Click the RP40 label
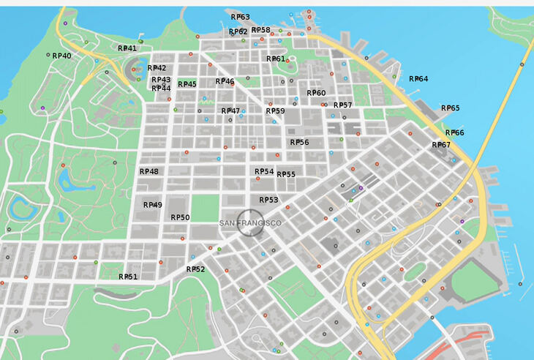click(61, 56)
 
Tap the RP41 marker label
click(127, 48)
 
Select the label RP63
click(240, 17)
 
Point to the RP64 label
click(418, 79)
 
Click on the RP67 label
click(441, 145)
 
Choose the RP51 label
click(128, 277)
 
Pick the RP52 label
click(195, 269)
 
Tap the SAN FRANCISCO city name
click(251, 222)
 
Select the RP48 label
click(148, 171)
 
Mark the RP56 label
click(299, 143)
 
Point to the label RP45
click(187, 85)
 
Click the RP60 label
click(316, 93)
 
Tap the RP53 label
click(268, 200)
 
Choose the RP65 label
click(451, 108)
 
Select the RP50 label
click(180, 217)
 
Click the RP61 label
click(275, 59)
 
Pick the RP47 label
click(230, 111)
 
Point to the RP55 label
click(286, 174)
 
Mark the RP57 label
click(343, 105)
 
